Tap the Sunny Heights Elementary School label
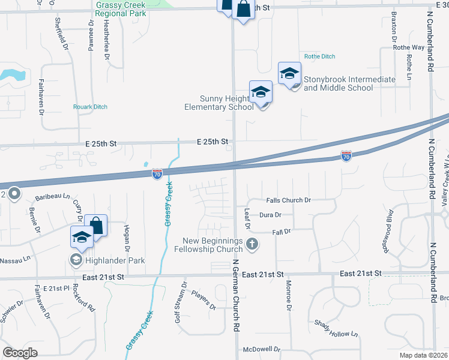[218, 103]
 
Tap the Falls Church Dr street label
[289, 200]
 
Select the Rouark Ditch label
[90, 107]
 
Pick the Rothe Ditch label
[319, 56]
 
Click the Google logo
[20, 353]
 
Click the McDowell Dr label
[262, 349]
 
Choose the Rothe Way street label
[409, 47]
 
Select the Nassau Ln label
[16, 260]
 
